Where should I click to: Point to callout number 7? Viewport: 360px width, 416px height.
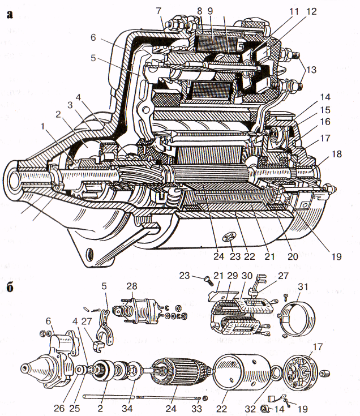tap(158, 11)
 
